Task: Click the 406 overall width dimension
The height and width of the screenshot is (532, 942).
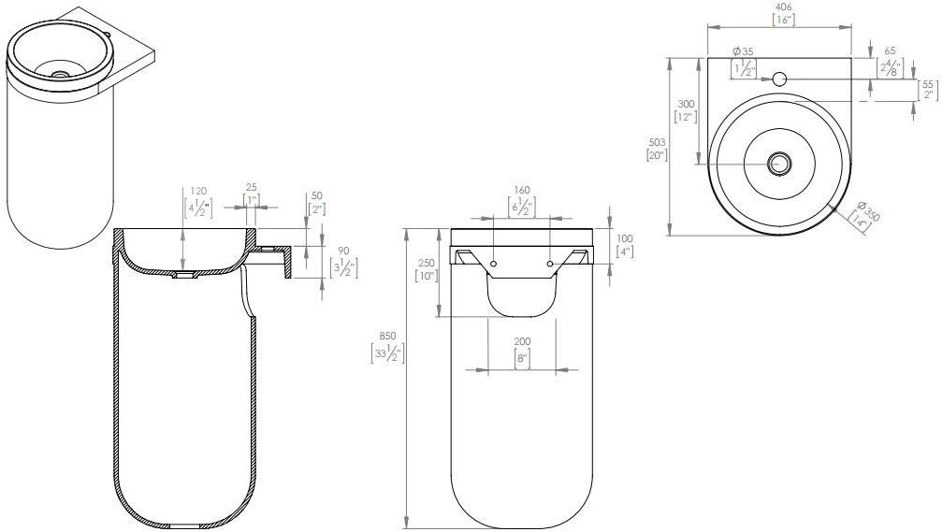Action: pyautogui.click(x=784, y=7)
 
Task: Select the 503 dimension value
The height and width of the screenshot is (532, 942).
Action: pyautogui.click(x=656, y=142)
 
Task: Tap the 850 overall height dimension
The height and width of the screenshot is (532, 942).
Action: pyautogui.click(x=387, y=337)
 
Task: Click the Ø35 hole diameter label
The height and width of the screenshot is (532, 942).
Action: pyautogui.click(x=744, y=50)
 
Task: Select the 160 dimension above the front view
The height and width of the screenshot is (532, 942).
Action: pyautogui.click(x=521, y=191)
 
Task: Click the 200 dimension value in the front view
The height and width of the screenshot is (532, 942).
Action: pyautogui.click(x=521, y=343)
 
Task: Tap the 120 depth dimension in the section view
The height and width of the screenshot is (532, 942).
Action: pyautogui.click(x=196, y=191)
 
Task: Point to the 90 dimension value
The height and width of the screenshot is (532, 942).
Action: pyautogui.click(x=343, y=250)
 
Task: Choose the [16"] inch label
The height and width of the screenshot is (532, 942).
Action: pyautogui.click(x=784, y=19)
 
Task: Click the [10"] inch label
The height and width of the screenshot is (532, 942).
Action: pyautogui.click(x=425, y=276)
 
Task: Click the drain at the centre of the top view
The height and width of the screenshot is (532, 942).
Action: pyautogui.click(x=778, y=164)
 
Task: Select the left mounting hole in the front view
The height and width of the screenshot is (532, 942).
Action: pyautogui.click(x=493, y=265)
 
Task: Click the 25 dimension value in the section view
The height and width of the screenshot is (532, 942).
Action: pyautogui.click(x=251, y=188)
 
